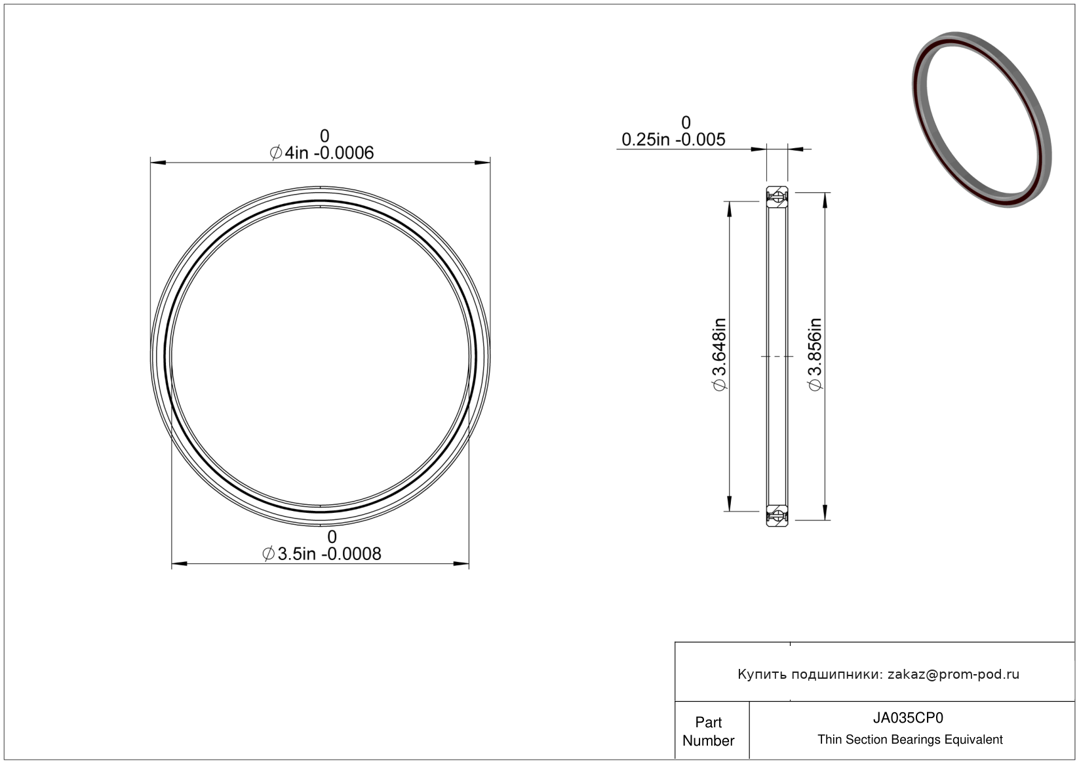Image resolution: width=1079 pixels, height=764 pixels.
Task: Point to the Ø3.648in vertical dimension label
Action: (x=719, y=355)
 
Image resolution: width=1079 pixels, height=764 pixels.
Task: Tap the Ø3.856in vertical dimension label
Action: (x=815, y=355)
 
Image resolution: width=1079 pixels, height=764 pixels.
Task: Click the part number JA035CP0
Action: (x=908, y=718)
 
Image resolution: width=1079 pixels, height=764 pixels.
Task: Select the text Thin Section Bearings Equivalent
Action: (x=910, y=740)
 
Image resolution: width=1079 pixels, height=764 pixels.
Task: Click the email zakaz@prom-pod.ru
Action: (x=953, y=674)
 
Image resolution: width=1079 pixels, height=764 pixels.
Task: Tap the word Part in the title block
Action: (x=708, y=723)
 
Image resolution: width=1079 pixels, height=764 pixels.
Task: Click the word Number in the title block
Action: (x=708, y=741)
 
